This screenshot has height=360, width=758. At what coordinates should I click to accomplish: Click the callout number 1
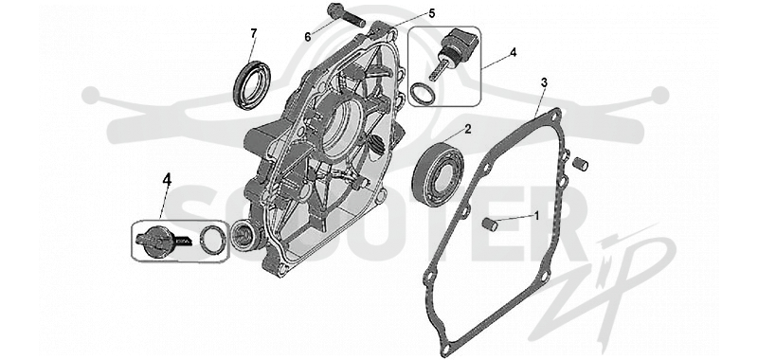click(x=535, y=215)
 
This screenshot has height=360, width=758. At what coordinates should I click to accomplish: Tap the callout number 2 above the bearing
click(x=467, y=129)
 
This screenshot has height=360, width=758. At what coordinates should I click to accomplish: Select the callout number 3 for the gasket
click(x=544, y=82)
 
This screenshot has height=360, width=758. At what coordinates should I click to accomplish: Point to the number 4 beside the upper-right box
click(x=513, y=52)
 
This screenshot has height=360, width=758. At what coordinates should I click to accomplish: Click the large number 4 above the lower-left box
click(x=167, y=179)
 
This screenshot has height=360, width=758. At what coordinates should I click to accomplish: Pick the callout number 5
click(x=432, y=13)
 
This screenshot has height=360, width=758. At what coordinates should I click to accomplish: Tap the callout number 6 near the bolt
click(x=308, y=37)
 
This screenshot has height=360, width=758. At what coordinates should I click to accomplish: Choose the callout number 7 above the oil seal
click(x=253, y=33)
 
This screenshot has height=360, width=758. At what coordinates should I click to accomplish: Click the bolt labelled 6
click(x=346, y=15)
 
